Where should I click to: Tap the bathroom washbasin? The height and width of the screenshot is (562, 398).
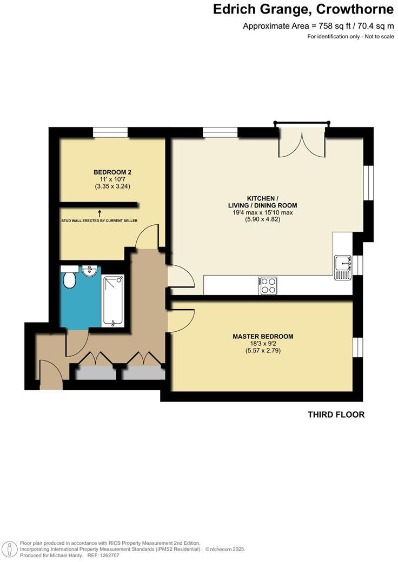coord(90,271)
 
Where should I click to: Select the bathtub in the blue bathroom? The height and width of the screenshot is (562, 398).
coord(113,301)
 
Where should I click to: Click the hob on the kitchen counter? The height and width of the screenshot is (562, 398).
coord(268,285)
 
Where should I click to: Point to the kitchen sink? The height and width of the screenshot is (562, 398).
coord(342,267)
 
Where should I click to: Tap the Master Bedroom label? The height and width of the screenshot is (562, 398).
coord(263,337)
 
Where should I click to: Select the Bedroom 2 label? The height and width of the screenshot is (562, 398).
coord(112,172)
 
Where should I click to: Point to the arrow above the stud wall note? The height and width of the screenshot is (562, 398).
coord(99,214)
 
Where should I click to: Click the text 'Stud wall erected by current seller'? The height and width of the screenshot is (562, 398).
coord(99,221)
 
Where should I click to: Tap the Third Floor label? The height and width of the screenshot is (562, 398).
coord(336,415)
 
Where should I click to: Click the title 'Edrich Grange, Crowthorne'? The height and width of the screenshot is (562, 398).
coord(303,9)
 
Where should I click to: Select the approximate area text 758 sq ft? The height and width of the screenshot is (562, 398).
coord(318,26)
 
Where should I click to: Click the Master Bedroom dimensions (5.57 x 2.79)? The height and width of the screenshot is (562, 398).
coord(263,351)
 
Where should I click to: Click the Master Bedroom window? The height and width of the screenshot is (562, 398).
coord(356,347)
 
